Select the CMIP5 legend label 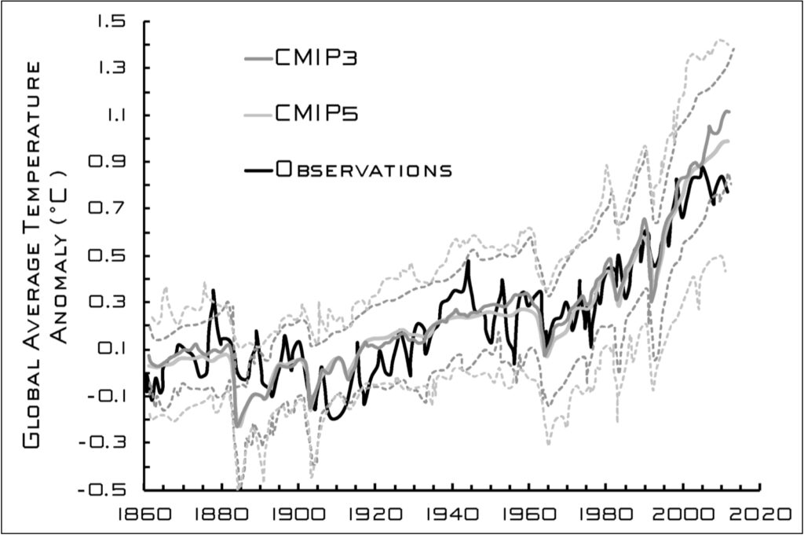(316, 114)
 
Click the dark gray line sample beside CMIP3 (257, 59)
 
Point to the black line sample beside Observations (257, 169)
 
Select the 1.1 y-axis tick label (114, 115)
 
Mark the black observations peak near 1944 (467, 262)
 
